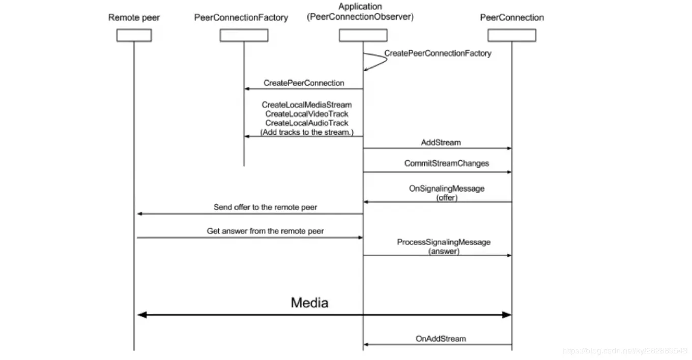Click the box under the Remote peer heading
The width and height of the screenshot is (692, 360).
134,35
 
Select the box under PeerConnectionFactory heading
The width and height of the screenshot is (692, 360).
244,35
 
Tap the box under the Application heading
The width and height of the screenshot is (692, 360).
363,35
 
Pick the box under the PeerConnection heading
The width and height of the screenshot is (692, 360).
511,35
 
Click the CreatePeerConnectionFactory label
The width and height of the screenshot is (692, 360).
438,53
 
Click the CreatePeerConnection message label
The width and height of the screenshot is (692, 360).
304,83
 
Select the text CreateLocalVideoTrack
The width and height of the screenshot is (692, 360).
307,114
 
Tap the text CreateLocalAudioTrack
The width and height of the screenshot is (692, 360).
307,123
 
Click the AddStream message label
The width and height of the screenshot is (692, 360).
441,142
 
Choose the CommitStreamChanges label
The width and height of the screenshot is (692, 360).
446,163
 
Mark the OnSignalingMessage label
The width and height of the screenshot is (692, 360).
447,189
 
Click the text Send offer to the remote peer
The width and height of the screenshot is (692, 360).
265,207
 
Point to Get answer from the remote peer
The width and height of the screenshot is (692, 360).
265,231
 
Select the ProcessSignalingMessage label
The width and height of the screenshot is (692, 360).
444,242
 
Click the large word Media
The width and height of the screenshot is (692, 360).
309,303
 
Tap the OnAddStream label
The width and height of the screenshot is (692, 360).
440,338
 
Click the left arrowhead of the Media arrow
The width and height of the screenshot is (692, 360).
142,315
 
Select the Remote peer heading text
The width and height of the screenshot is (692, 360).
134,18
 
